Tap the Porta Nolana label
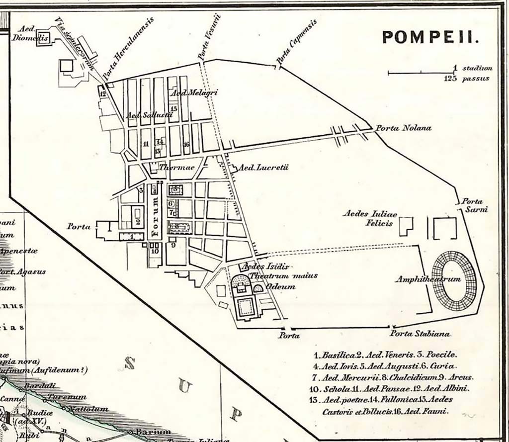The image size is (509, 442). pos(403,128)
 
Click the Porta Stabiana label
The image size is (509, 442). pos(420,333)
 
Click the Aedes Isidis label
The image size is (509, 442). pos(266,267)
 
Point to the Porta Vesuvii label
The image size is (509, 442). pos(208,37)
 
